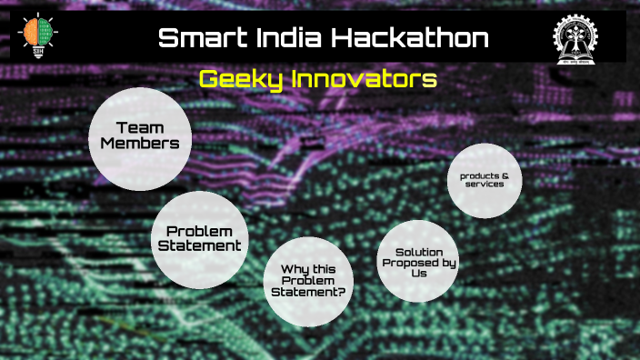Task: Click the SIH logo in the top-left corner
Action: point(35,36)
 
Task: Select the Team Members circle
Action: point(140,139)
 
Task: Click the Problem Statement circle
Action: point(199,238)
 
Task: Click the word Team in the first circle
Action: point(140,128)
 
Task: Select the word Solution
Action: point(419,250)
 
